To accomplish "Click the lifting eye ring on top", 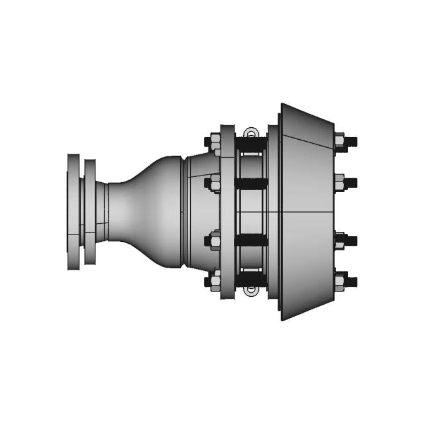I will (250, 132).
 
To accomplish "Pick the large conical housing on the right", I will (305, 212).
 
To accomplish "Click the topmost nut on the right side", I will (341, 142).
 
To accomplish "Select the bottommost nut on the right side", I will (341, 281).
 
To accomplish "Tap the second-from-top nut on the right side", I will (341, 182).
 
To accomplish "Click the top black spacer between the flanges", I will (252, 143).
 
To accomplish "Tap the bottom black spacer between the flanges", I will (252, 281).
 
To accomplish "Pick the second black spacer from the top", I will (252, 183).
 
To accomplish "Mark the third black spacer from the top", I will (252, 240).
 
